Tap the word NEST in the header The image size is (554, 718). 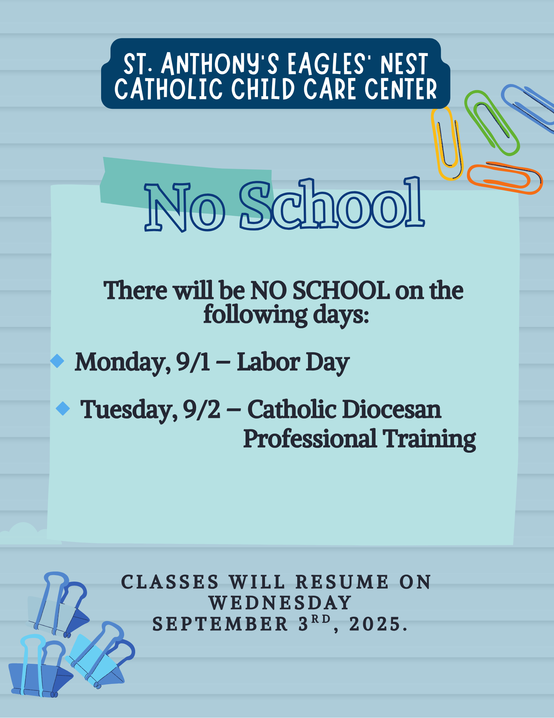[404, 64]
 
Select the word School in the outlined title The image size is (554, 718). [332, 204]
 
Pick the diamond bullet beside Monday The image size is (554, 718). [57, 361]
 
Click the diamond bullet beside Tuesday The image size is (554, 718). [63, 409]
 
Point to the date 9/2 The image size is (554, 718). [202, 410]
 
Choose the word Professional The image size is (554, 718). [310, 438]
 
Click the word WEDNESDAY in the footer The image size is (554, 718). [280, 603]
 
